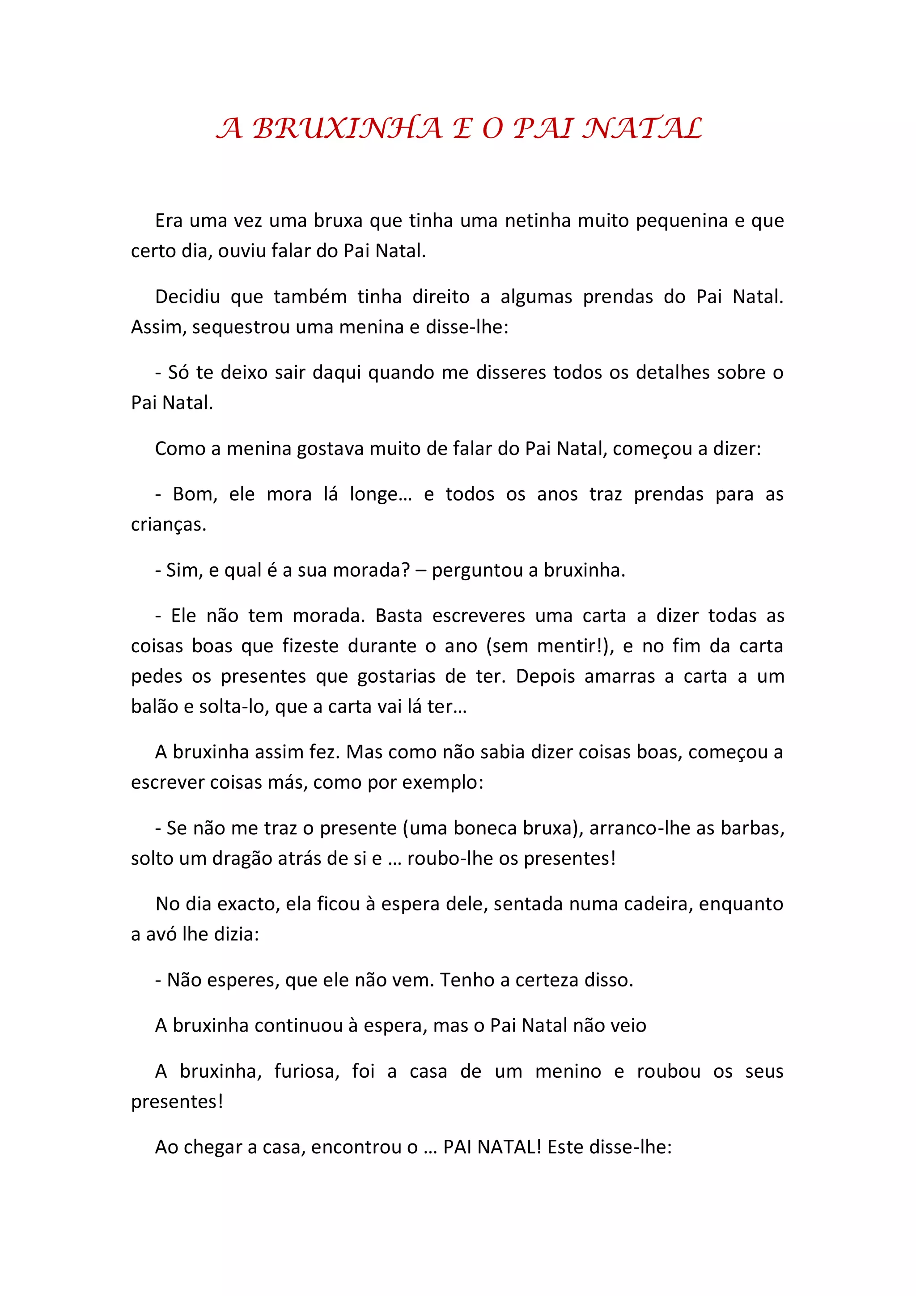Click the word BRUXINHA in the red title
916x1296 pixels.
pyautogui.click(x=347, y=129)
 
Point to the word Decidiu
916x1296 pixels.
pyautogui.click(x=187, y=297)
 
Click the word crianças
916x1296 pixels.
pyautogui.click(x=168, y=525)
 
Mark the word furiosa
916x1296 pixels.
pyautogui.click(x=306, y=1071)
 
